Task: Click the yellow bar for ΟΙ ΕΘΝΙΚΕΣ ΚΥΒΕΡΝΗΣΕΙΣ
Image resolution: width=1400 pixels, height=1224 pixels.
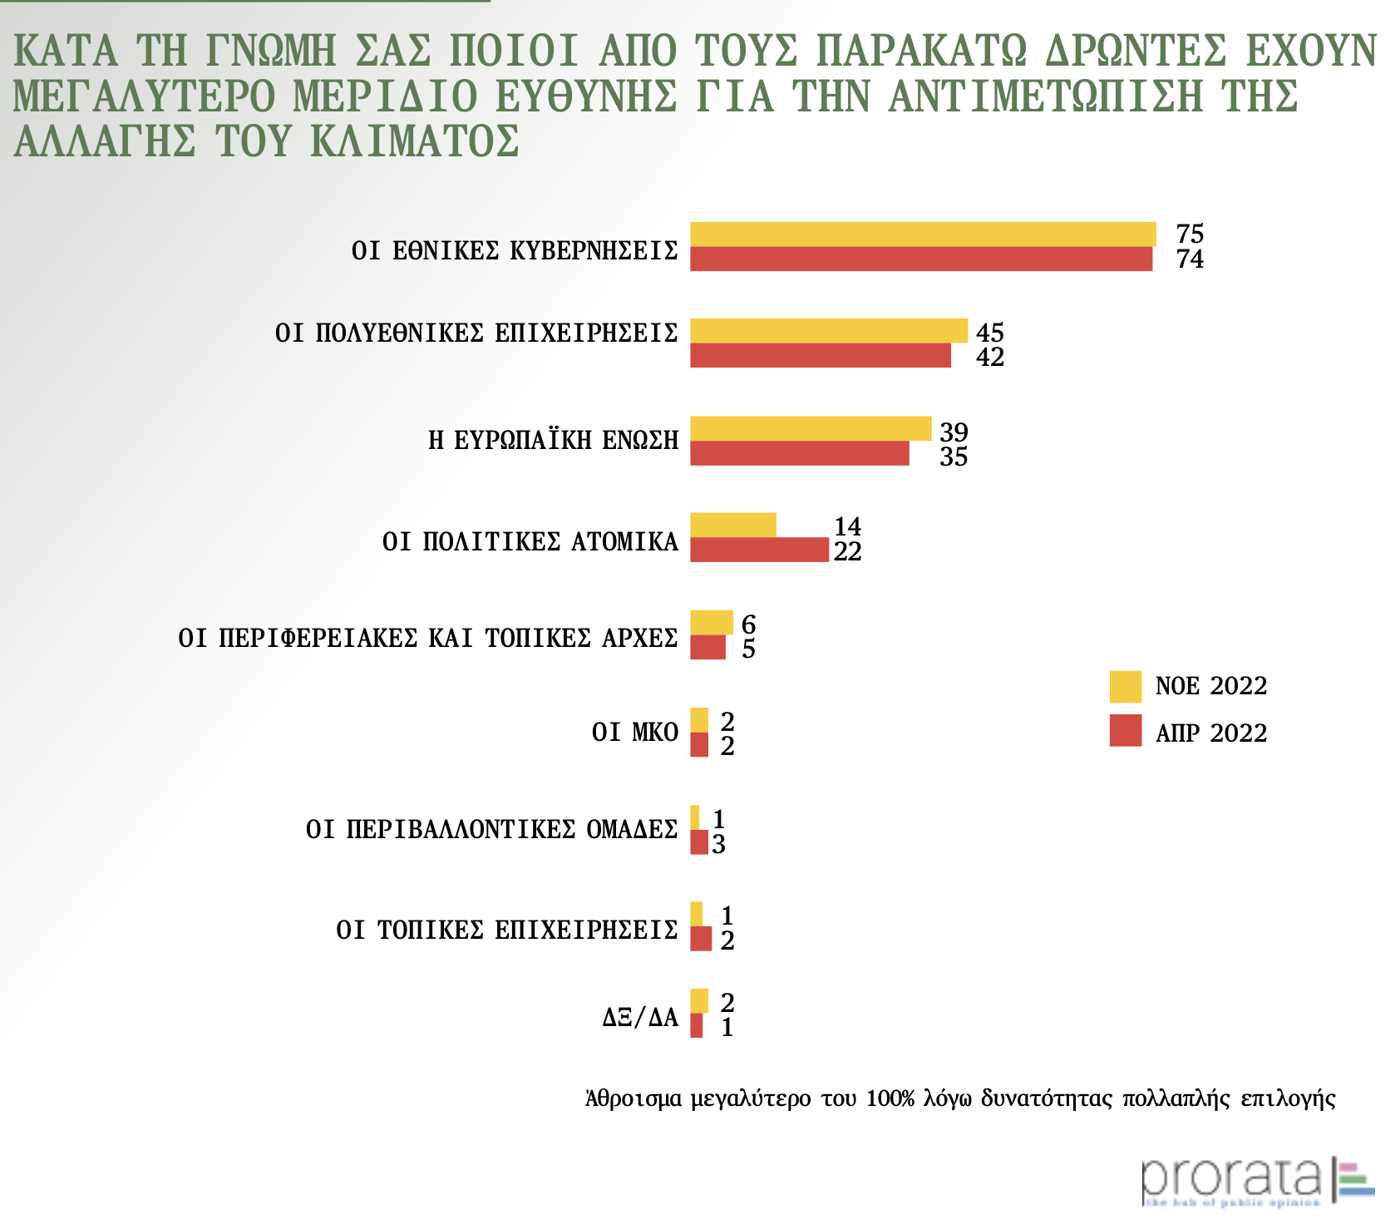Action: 923,234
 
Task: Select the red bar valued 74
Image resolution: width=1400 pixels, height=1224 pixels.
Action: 921,259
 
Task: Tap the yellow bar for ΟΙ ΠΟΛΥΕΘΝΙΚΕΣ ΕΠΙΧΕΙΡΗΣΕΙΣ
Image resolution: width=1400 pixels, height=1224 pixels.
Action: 829,331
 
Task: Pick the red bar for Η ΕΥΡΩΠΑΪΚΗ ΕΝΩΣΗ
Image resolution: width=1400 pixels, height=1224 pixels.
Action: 800,454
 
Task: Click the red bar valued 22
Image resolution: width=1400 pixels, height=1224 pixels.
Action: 759,550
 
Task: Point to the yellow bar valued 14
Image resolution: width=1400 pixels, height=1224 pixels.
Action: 733,526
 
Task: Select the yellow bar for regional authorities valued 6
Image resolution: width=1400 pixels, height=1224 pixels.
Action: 712,623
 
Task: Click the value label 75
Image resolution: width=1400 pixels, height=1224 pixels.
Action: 1190,234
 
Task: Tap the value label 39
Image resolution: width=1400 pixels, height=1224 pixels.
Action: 954,432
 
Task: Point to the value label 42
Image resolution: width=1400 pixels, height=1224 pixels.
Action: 990,358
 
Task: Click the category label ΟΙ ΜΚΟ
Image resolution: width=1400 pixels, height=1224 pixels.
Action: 635,733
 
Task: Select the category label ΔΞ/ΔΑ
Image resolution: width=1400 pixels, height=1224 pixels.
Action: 640,1017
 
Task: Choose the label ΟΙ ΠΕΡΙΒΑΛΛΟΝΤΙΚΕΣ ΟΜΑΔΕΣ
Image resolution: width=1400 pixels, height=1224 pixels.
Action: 492,830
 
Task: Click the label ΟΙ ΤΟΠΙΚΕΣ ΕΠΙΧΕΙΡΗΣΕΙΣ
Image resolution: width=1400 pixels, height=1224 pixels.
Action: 507,929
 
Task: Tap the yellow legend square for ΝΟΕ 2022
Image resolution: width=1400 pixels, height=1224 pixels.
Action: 1126,687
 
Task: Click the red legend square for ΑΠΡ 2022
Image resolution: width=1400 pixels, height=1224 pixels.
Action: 1126,731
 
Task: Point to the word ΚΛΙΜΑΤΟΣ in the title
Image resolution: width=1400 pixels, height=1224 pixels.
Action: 415,141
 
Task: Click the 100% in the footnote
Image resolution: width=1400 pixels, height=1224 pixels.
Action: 890,1098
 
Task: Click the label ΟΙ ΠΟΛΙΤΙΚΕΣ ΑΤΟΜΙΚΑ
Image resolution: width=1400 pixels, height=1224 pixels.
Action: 530,542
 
